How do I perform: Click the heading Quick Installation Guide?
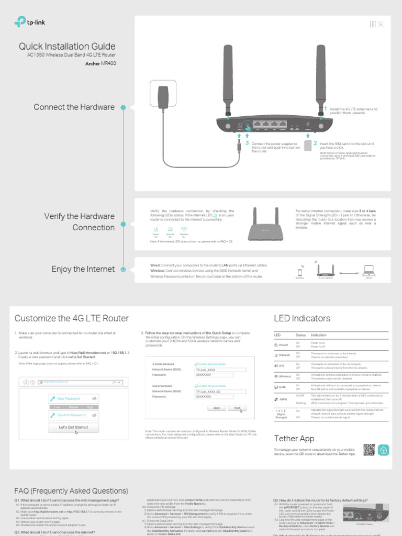pos(67,47)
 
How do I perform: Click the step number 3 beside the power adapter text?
pos(247,142)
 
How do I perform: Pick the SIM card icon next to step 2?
pos(308,145)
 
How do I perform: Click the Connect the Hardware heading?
pos(74,107)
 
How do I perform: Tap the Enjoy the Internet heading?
pos(83,269)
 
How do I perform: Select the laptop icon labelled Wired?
pos(369,270)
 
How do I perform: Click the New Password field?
pos(73,399)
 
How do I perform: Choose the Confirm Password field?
pos(73,415)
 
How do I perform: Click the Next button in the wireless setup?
pos(237,408)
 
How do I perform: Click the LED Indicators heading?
pos(302,318)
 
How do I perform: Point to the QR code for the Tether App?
pos(370,450)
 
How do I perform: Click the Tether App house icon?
pos(384,450)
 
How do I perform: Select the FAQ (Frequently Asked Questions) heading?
pos(71,491)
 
